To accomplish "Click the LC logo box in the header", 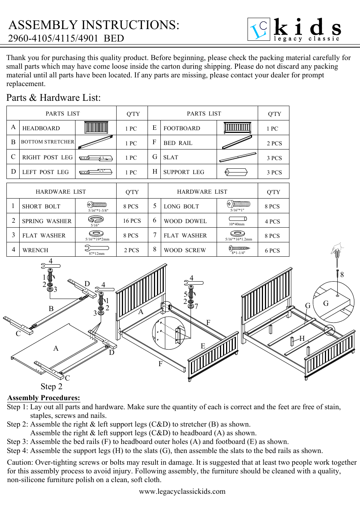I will coord(259,29).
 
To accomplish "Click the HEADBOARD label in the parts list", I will coord(41,128).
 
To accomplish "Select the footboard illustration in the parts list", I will coord(237,128).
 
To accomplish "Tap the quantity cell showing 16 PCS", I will coord(132,221).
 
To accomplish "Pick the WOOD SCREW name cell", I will coord(185,250).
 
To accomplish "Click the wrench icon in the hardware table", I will coord(97,248).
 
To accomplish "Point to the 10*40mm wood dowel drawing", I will coord(238,219).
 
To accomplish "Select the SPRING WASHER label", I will coord(46,221).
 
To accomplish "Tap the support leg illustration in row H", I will coord(236,172).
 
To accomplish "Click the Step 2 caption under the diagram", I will coord(51,387).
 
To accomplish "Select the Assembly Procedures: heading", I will coord(44,398).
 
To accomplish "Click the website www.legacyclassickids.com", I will coord(182,492).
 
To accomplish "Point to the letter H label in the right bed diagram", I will coord(302,338).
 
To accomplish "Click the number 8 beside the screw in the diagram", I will coord(342,275).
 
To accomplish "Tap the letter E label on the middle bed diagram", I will coord(203,346).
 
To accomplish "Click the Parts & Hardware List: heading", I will coord(54,98).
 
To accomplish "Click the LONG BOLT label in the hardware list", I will coord(181,206).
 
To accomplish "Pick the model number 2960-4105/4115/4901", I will coord(53,39).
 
